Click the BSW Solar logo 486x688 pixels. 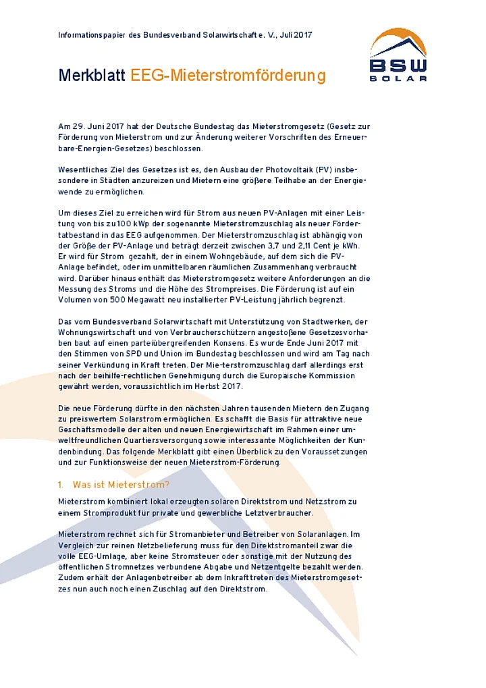pyautogui.click(x=398, y=55)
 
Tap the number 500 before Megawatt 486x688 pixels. pyautogui.click(x=115, y=300)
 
